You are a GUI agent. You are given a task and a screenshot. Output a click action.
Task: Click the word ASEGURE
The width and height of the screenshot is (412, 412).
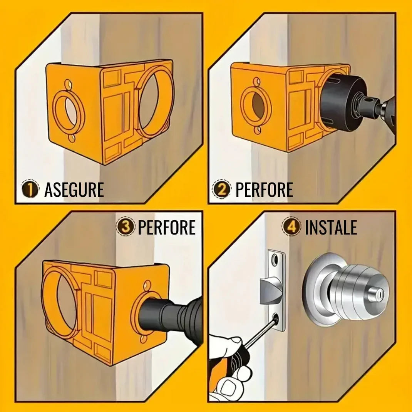pos(74,189)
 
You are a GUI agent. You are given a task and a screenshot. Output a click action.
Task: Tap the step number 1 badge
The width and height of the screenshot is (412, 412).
pos(30,189)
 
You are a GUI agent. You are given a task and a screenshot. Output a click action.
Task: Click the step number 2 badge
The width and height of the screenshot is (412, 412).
pos(222,189)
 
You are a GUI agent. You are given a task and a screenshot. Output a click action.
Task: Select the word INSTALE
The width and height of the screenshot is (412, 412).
pos(331,227)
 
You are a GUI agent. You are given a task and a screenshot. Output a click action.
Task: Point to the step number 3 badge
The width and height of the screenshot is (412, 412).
pos(126,227)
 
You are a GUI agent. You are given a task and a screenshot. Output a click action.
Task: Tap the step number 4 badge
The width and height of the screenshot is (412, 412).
pos(291,227)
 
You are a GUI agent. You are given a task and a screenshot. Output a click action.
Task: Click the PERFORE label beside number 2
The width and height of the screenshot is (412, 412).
pos(264,189)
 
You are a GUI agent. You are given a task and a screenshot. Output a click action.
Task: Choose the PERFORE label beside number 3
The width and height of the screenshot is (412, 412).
pos(167,227)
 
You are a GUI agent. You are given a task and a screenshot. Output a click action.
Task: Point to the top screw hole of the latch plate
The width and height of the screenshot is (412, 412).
pos(275,260)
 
